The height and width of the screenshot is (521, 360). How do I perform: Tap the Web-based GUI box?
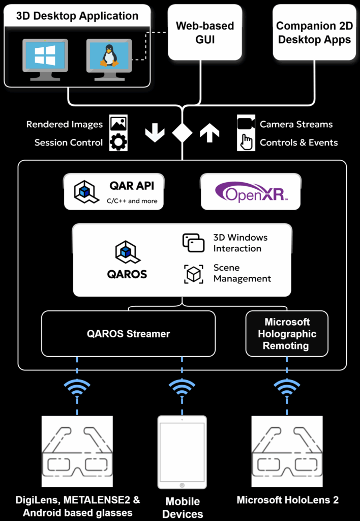click(204, 32)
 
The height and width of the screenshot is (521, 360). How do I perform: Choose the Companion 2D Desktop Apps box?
click(313, 32)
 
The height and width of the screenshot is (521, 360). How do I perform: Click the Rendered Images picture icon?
click(118, 124)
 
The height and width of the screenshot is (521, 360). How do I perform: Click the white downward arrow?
click(155, 133)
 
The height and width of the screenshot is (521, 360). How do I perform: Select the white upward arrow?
click(209, 133)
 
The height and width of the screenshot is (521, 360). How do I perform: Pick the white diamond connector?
click(182, 133)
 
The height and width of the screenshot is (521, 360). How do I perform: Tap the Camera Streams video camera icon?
click(246, 124)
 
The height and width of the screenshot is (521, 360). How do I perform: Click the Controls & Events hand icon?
click(246, 142)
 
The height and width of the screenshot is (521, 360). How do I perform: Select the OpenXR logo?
click(251, 192)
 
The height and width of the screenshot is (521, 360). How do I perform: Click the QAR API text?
click(132, 186)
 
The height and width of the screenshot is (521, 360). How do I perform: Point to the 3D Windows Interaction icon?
click(193, 243)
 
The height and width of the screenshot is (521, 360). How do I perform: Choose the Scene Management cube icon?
click(193, 274)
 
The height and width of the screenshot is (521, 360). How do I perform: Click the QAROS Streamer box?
click(128, 334)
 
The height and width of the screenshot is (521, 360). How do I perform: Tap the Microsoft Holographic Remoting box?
click(287, 334)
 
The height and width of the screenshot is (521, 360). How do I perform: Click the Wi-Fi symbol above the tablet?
click(182, 389)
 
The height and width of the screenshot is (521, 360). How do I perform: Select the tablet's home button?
click(182, 484)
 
